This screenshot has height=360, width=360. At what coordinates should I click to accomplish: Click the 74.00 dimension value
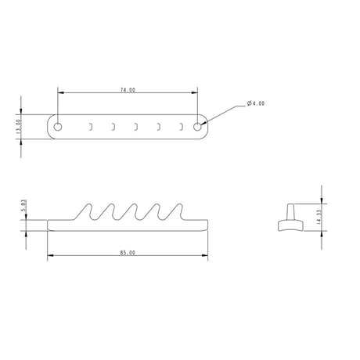(x=128, y=90)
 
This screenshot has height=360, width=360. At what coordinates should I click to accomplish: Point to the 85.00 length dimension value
(x=128, y=253)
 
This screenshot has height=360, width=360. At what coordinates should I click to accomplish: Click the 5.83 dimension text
(x=25, y=207)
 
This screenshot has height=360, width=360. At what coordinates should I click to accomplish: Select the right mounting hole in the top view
(x=197, y=124)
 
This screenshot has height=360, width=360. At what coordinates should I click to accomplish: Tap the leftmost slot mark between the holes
(x=91, y=124)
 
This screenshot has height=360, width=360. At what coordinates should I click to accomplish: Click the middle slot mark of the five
(x=136, y=124)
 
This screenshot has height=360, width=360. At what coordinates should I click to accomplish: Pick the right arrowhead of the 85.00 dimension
(x=207, y=257)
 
